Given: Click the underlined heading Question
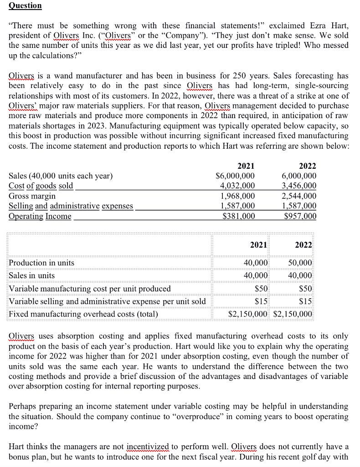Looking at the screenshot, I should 25,5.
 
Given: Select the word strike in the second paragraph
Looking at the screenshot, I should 297,95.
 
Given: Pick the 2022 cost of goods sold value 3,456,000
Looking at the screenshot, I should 299,186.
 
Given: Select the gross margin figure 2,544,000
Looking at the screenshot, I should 299,196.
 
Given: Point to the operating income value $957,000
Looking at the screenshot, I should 299,216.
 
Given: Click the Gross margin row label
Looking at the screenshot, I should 32,196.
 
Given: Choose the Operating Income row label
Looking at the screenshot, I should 40,216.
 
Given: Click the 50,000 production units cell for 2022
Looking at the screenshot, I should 300,263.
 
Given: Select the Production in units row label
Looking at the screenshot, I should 41,263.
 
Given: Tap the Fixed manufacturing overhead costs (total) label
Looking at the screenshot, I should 83,314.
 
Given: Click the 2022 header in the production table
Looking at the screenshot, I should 303,244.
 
